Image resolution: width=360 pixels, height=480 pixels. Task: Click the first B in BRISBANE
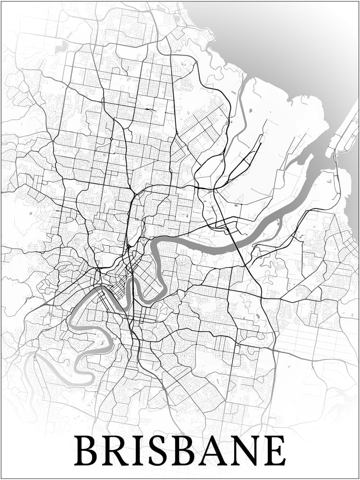tap(88, 451)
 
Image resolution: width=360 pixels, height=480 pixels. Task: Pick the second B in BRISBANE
tap(187, 451)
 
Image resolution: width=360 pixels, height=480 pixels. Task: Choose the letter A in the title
tap(216, 451)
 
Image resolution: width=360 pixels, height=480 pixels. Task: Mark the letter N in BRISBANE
tap(247, 451)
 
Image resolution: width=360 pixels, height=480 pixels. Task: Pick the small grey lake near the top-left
tap(61, 47)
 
